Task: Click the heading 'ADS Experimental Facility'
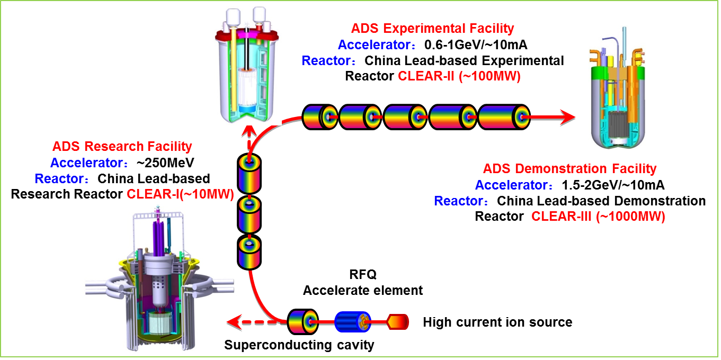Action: (x=432, y=29)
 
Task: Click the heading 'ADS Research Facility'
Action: (x=122, y=147)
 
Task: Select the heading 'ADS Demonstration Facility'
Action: (x=569, y=169)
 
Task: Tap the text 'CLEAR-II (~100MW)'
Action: (x=459, y=76)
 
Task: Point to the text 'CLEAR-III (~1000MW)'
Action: (x=598, y=217)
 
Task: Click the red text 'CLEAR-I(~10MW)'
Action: (x=180, y=194)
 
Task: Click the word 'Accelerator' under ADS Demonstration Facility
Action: (x=511, y=185)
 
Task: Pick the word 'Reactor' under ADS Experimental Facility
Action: (x=326, y=61)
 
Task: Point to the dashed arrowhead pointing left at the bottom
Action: (x=232, y=321)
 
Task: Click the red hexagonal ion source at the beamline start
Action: (x=398, y=321)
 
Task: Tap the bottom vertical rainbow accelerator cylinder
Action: (x=249, y=253)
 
